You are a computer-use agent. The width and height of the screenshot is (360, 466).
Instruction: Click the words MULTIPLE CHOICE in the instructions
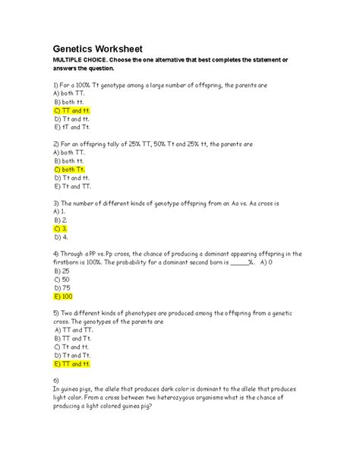coord(79,61)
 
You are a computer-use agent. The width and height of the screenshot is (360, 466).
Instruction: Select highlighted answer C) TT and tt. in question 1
coord(72,110)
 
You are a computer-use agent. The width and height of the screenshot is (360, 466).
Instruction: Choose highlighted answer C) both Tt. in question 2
coord(69,169)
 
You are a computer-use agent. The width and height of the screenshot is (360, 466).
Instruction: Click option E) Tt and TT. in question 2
coord(72,185)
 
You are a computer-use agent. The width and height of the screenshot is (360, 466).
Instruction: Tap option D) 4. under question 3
coord(61,236)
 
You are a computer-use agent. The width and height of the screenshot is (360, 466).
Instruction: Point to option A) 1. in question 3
coord(61,211)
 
